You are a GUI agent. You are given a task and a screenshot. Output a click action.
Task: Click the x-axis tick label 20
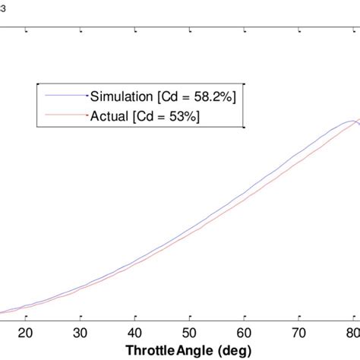click(25, 331)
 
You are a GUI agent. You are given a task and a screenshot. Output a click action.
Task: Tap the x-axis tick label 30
click(80, 331)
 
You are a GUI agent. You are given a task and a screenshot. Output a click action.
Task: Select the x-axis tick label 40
click(134, 331)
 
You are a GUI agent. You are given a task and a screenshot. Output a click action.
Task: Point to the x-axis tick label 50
click(189, 331)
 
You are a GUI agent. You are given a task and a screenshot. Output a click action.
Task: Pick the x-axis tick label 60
click(244, 331)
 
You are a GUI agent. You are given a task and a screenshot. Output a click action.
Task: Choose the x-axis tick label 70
click(298, 331)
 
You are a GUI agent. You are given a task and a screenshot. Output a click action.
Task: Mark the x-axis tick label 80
click(352, 331)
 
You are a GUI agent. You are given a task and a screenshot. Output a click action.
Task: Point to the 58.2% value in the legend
click(216, 96)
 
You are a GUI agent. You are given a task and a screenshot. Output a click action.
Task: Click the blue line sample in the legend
click(65, 96)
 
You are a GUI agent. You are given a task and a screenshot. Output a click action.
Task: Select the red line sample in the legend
click(65, 115)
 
